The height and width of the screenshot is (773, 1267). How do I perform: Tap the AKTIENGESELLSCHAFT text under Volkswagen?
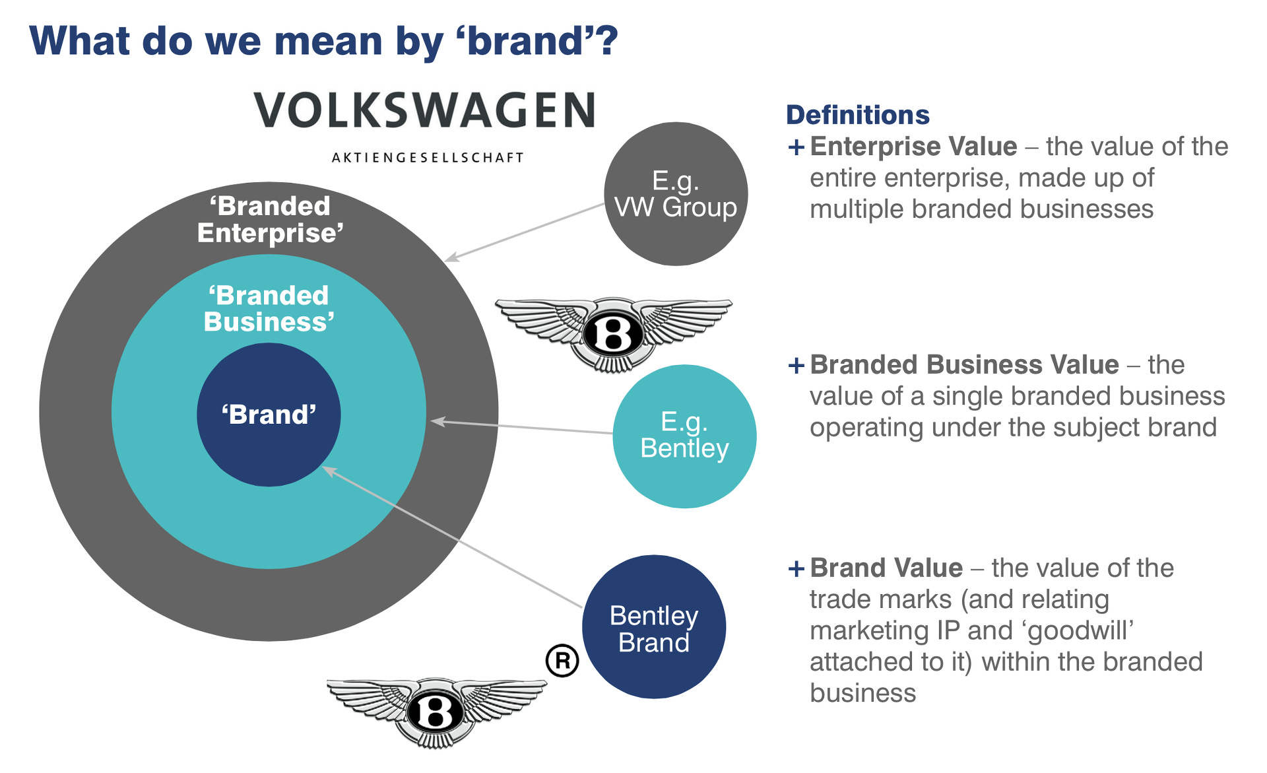click(428, 158)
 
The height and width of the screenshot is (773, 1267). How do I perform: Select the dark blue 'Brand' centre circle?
click(269, 415)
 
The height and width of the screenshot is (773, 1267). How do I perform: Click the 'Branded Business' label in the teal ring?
click(269, 309)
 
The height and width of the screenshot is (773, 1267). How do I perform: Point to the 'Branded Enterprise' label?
click(270, 220)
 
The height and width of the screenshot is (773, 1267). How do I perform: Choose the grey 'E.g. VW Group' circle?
click(676, 194)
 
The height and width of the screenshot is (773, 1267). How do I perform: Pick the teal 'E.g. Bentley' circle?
click(684, 436)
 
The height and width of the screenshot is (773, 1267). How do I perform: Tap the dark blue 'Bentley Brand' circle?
click(654, 627)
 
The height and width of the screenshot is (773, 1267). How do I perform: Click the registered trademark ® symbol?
click(562, 660)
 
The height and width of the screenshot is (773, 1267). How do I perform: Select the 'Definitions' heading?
click(857, 115)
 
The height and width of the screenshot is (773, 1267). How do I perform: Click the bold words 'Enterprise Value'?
click(913, 147)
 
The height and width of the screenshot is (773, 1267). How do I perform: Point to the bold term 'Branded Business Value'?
click(964, 364)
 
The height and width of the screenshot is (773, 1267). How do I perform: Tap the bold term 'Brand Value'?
click(886, 568)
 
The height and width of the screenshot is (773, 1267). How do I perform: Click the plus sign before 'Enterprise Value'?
click(796, 147)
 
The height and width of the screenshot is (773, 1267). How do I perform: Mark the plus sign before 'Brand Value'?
click(796, 568)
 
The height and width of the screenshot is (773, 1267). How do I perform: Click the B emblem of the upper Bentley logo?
click(613, 334)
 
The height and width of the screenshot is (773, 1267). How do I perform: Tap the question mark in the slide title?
click(606, 41)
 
